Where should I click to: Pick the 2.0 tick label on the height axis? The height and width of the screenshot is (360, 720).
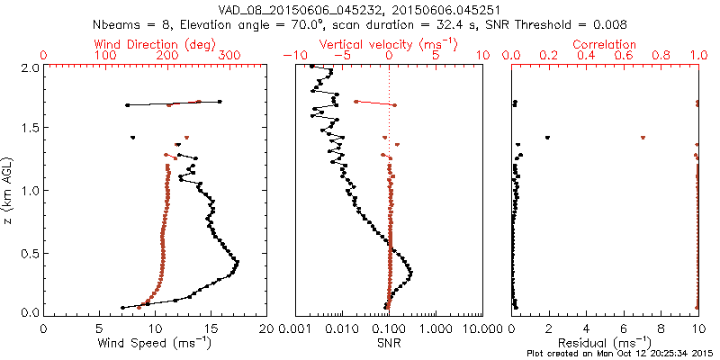(x=30, y=67)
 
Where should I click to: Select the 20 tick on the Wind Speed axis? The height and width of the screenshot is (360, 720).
(x=267, y=328)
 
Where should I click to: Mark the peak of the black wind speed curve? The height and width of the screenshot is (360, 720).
(x=237, y=262)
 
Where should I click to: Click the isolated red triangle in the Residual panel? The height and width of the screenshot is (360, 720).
(x=643, y=138)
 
